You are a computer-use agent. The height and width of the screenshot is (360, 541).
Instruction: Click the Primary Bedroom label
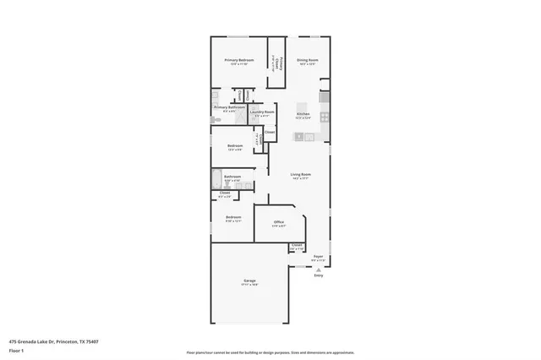point(239,61)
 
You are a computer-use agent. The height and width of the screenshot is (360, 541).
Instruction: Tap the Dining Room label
point(308,61)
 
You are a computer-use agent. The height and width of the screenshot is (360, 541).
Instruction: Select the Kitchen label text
point(303,113)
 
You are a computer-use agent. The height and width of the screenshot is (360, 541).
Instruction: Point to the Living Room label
point(302,175)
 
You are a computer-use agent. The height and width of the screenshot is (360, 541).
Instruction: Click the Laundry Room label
point(264,112)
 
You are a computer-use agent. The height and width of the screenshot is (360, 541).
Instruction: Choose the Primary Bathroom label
point(229,107)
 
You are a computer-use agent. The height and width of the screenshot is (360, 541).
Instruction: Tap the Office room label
point(279,222)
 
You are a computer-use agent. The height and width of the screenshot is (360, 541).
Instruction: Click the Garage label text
point(250,281)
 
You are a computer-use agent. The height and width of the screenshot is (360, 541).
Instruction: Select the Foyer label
point(319,256)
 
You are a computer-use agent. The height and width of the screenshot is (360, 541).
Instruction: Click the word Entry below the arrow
point(319,275)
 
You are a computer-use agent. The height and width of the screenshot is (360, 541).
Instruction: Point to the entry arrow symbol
point(319,269)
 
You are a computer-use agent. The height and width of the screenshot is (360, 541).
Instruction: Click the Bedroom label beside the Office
point(233,217)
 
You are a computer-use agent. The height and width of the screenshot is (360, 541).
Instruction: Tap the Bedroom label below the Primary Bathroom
point(235,145)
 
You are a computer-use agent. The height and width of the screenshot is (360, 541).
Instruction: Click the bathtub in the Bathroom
point(216,179)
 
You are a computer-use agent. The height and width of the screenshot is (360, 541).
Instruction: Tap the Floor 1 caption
point(17,350)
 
